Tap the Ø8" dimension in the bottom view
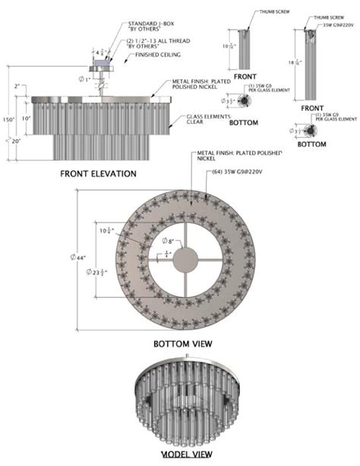172,241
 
